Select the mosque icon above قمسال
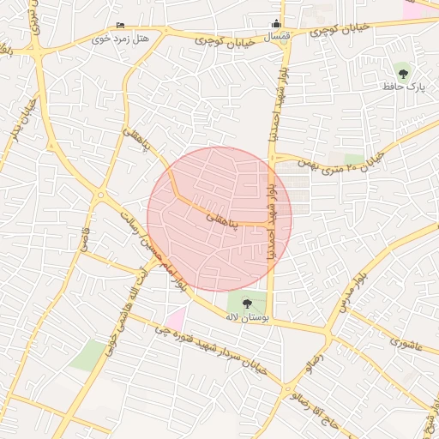click(x=276, y=24)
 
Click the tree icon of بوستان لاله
click(x=248, y=302)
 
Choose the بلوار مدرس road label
click(x=351, y=292)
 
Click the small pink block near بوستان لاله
click(x=176, y=320)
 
